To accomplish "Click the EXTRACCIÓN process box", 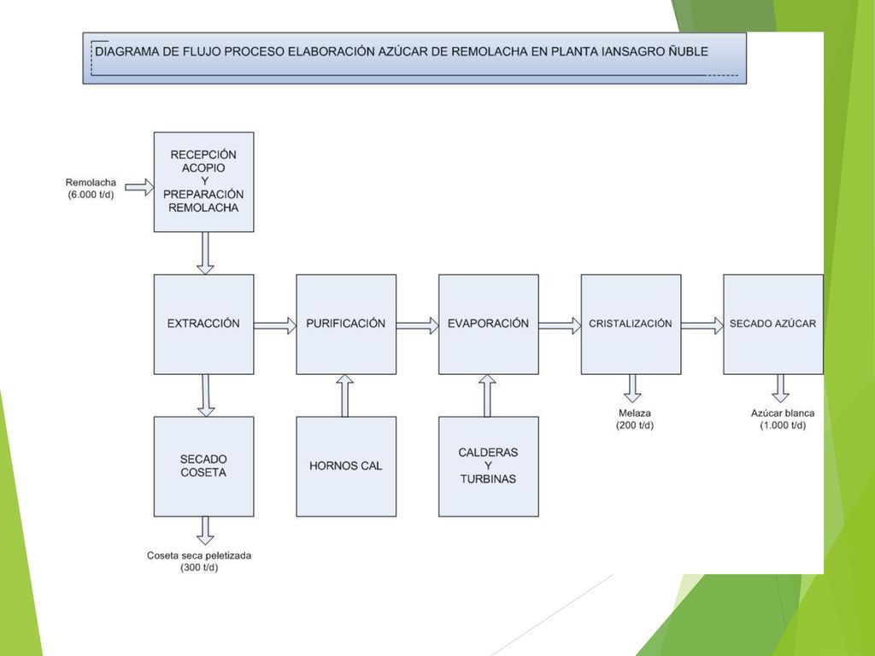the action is click(203, 324).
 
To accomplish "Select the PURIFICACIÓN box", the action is click(346, 324).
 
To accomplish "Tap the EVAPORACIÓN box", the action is click(488, 324).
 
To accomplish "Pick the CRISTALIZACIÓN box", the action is click(631, 324).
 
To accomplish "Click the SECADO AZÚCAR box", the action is click(772, 324).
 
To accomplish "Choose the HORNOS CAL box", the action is click(346, 466).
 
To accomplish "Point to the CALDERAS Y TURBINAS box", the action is click(488, 466).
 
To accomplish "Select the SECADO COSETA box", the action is click(203, 466).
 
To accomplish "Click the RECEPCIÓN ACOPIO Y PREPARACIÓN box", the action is click(203, 182).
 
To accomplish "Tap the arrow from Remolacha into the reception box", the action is click(139, 187).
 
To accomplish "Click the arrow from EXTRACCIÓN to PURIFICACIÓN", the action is click(275, 325).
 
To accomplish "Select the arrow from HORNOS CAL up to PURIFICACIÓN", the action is click(345, 395).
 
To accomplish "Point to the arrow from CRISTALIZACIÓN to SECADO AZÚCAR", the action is click(702, 325).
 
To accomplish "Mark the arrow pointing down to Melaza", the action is click(632, 389).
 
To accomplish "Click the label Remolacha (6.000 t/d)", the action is click(91, 189).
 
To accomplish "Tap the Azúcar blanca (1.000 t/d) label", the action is click(783, 419).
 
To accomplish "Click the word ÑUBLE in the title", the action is click(689, 51).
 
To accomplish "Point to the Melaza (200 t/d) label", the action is click(635, 419).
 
